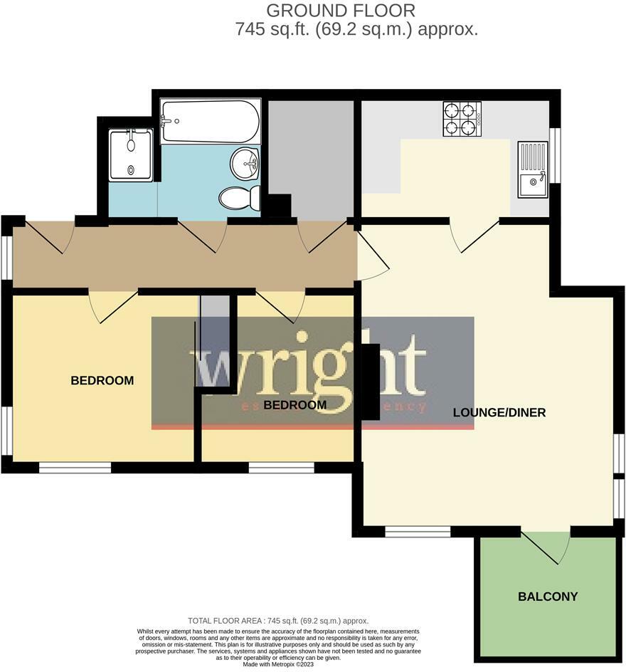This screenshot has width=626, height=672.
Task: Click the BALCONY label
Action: (x=548, y=597)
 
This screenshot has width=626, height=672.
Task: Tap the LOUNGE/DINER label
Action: (x=499, y=412)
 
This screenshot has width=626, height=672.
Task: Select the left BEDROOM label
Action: (x=102, y=381)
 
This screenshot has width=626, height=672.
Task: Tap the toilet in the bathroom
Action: (x=240, y=197)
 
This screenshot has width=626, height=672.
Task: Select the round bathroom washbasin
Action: (x=245, y=164)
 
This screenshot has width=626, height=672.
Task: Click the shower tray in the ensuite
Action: (x=131, y=154)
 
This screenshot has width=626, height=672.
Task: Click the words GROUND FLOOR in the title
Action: (x=340, y=11)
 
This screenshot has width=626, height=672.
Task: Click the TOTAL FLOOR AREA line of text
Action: (x=278, y=621)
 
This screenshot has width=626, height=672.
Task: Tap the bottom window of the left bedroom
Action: (x=75, y=468)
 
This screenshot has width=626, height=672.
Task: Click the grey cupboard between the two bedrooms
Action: (x=215, y=342)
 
